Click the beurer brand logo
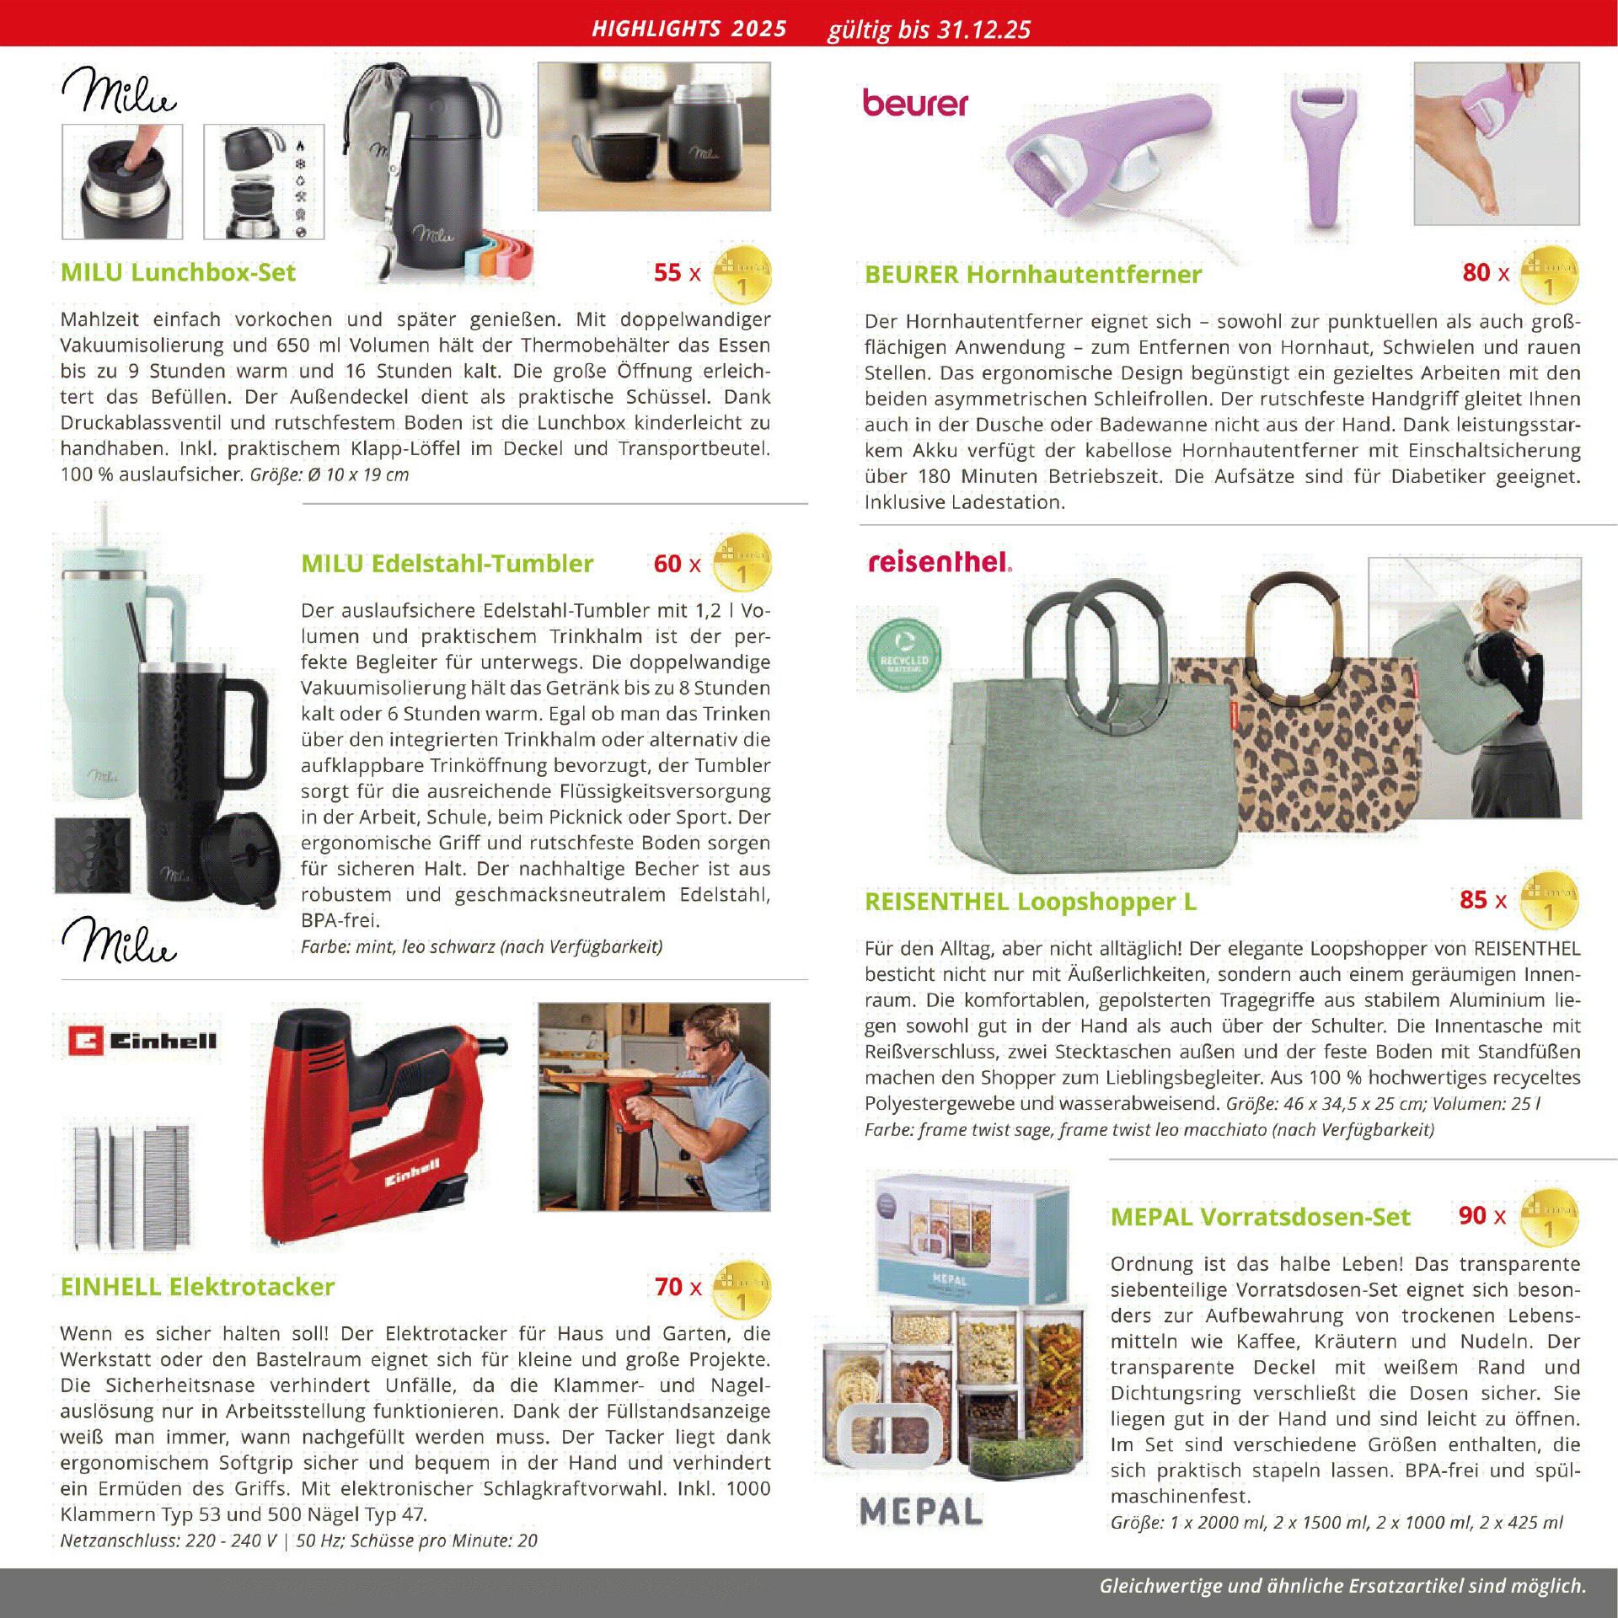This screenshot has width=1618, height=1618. pyautogui.click(x=914, y=104)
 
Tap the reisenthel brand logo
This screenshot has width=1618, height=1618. pyautogui.click(x=939, y=562)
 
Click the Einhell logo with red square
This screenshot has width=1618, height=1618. pyautogui.click(x=143, y=1042)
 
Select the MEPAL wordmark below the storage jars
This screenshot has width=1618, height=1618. pyautogui.click(x=921, y=1511)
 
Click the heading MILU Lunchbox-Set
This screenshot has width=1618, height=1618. pyautogui.click(x=178, y=272)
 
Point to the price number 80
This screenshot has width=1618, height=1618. pyautogui.click(x=1476, y=272)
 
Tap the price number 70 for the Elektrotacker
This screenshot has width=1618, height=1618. pyautogui.click(x=668, y=1286)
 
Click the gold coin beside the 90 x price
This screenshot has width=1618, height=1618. pyautogui.click(x=1549, y=1218)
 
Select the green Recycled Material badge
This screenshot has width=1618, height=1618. pyautogui.click(x=903, y=657)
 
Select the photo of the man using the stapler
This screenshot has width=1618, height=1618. pyautogui.click(x=654, y=1106)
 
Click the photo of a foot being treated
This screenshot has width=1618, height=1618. pyautogui.click(x=1496, y=143)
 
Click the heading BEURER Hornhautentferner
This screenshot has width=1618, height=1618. pyautogui.click(x=1032, y=274)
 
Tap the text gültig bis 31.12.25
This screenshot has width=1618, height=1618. pyautogui.click(x=929, y=29)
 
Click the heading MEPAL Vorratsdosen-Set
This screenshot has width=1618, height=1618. pyautogui.click(x=1260, y=1217)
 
